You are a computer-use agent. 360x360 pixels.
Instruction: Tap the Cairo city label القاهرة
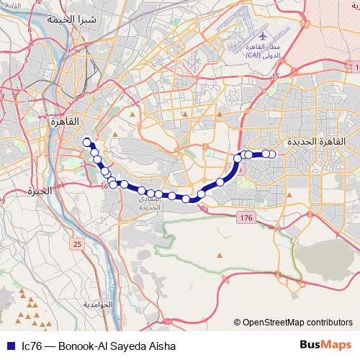(x=63, y=122)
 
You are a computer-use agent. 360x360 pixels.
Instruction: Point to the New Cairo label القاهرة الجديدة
(x=312, y=142)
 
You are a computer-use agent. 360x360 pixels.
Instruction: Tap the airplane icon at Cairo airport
(x=261, y=34)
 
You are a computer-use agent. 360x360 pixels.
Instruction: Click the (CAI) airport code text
(x=253, y=55)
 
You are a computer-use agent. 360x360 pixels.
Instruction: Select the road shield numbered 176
(x=246, y=217)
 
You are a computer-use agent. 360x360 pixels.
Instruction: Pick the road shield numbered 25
(x=77, y=245)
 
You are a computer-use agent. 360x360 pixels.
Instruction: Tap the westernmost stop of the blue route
(x=87, y=142)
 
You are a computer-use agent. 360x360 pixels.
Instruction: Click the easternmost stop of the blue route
(x=273, y=153)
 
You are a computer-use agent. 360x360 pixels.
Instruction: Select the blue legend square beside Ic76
(x=11, y=346)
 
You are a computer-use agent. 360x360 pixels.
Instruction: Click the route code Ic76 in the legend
(x=31, y=346)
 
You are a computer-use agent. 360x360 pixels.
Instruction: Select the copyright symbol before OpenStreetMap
(x=238, y=323)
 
